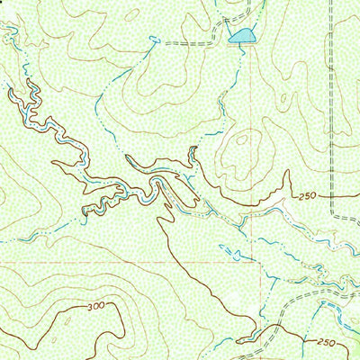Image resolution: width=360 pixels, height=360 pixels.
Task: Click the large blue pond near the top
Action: pos(241,36)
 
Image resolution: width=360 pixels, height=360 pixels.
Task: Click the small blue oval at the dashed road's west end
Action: pos(154,40)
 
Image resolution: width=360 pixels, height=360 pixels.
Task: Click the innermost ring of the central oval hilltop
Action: pos(242,148)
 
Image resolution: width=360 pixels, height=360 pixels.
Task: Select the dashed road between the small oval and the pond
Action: pos(193,42)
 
